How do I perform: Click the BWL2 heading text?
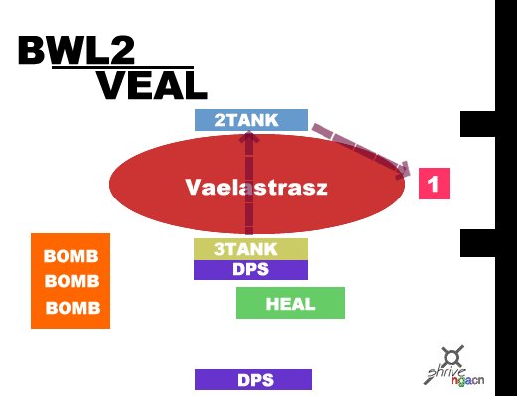pos(76,50)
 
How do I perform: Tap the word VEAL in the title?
pos(153,85)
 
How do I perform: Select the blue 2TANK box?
pos(251,120)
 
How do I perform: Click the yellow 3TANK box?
pos(251,249)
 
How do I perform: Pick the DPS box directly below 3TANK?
pos(251,270)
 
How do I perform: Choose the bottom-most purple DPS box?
pos(253,380)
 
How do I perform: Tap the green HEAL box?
pos(291,303)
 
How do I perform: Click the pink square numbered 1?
pos(434,184)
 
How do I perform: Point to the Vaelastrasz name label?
pos(256,187)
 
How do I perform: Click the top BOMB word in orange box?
pos(71,256)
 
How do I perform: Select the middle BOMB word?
pos(71,281)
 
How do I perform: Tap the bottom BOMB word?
pos(72,308)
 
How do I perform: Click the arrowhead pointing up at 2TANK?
pos(249,137)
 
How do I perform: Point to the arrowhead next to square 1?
pos(403,170)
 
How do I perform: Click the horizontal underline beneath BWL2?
pos(123,68)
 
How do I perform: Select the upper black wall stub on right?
pos(478,124)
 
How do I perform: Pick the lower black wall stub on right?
pos(478,243)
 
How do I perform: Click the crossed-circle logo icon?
pos(452,358)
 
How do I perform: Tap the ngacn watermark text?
pos(467,380)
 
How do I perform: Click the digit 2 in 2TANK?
pos(220,120)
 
